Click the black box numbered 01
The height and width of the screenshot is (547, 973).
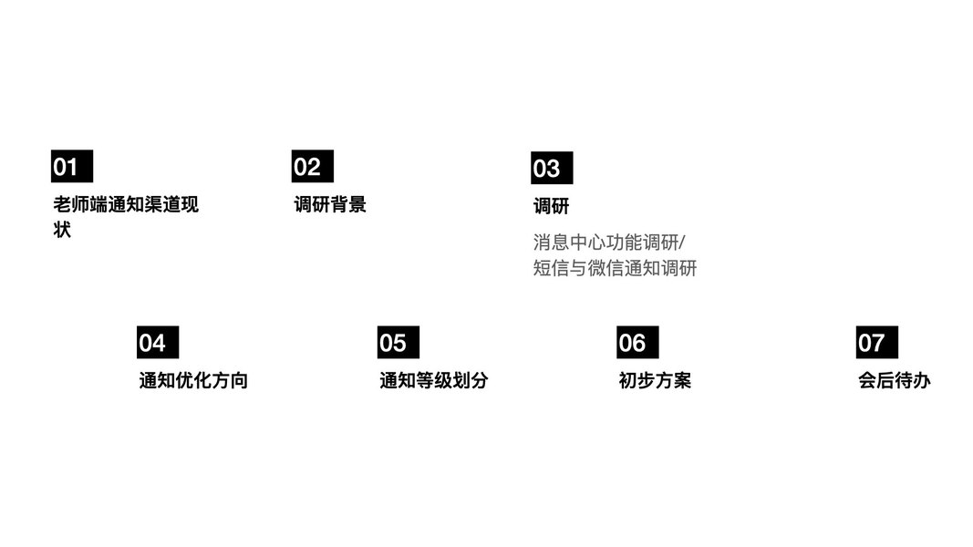click(71, 167)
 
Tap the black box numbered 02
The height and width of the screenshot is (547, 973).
click(312, 167)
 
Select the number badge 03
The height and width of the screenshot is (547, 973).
click(552, 169)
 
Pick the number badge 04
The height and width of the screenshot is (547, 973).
click(158, 343)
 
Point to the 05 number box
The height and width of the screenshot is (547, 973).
click(398, 343)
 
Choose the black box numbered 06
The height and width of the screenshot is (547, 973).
click(637, 343)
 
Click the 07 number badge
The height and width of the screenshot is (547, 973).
click(876, 343)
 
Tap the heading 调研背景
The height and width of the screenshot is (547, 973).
click(330, 204)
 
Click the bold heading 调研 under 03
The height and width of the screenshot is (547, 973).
click(551, 206)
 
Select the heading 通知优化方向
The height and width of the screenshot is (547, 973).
click(193, 381)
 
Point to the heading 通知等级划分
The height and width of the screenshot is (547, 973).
click(433, 381)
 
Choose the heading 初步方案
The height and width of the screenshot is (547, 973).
click(655, 381)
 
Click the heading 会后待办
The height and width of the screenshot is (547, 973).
click(895, 381)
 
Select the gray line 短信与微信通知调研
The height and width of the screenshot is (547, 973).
click(615, 268)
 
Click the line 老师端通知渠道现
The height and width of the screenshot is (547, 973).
click(126, 204)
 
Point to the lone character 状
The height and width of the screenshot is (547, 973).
click(62, 230)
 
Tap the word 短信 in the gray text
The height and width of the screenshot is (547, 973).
click(551, 268)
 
